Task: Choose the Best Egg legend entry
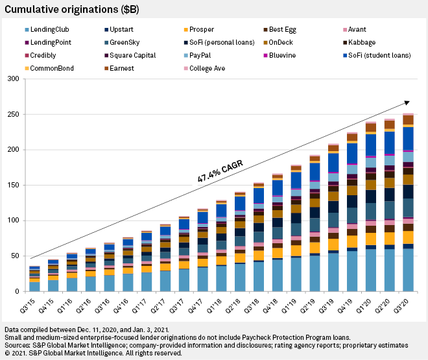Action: (x=267, y=29)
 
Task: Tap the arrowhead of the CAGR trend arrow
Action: (x=407, y=102)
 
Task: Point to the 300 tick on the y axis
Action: (x=12, y=79)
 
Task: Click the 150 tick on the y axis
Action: (x=12, y=186)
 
